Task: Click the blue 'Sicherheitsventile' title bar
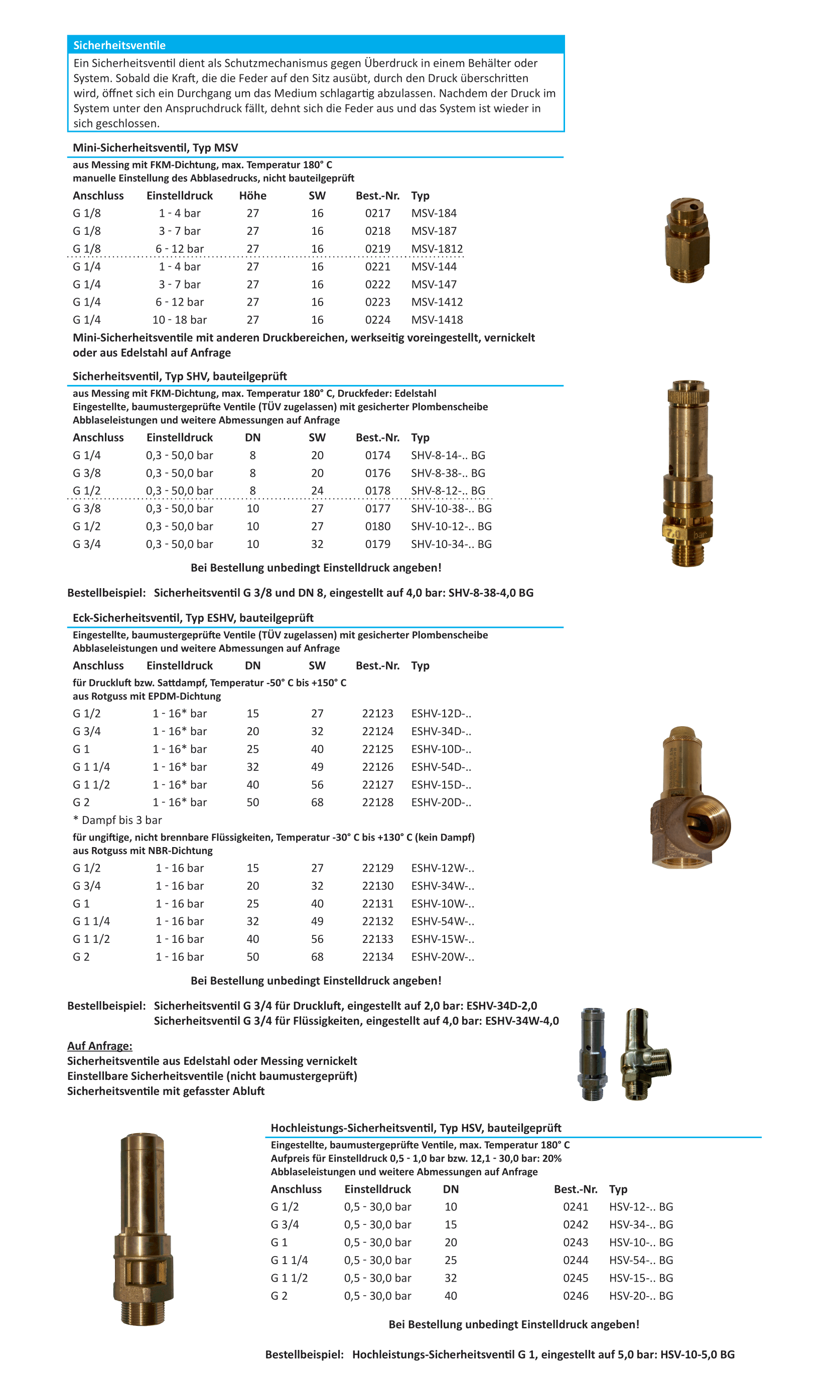316,45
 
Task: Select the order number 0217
377,213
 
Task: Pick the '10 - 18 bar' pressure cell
179,320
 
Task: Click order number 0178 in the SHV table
377,490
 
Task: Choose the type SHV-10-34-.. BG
451,544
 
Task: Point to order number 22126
377,767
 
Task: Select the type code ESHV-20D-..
441,802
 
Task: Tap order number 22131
377,904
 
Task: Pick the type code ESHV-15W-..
443,939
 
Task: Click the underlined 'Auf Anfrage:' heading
99,1046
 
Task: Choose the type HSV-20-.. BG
641,1296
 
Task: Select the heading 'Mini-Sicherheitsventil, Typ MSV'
155,148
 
